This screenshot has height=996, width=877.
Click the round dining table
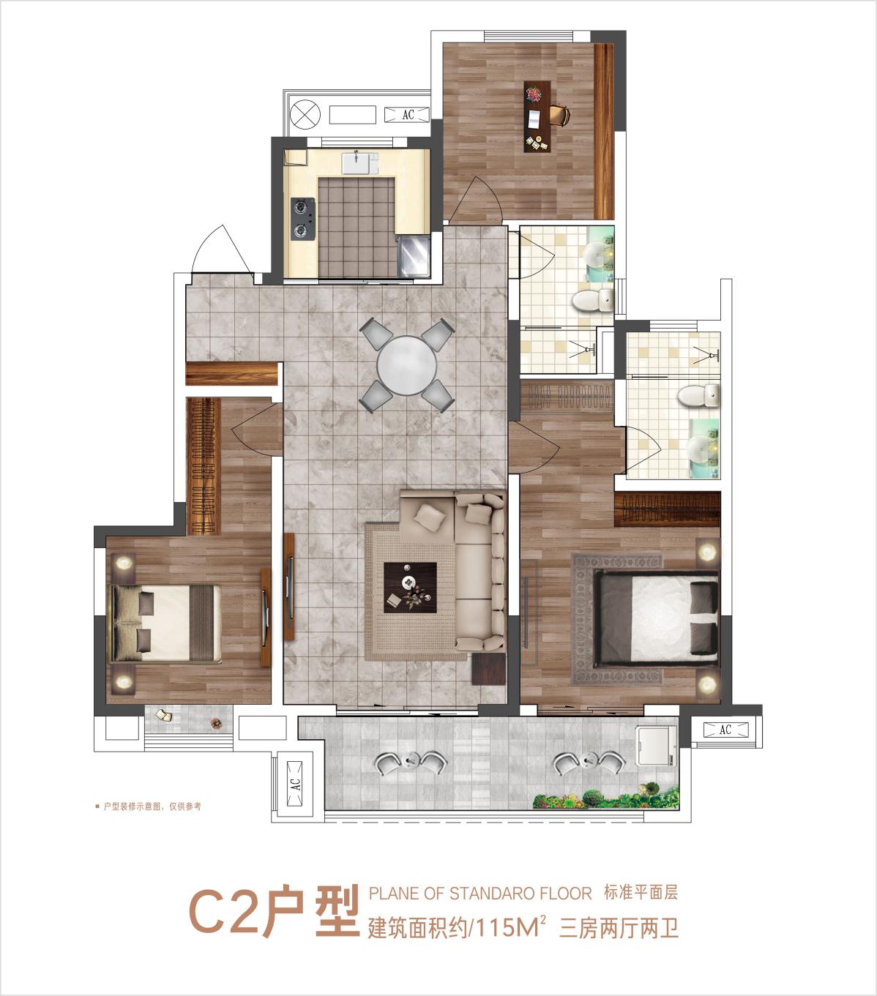[407, 365]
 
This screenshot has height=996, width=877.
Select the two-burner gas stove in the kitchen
[303, 219]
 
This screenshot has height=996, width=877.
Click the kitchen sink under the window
[361, 162]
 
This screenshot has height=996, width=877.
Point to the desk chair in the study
[560, 116]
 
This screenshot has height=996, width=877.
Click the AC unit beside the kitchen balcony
[407, 115]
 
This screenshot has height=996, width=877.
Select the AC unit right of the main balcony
[725, 730]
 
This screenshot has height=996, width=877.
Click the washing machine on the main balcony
[657, 746]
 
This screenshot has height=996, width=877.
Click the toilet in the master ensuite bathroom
[698, 395]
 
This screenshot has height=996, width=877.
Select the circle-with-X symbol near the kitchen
[305, 115]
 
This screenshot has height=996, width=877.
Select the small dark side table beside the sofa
[489, 669]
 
